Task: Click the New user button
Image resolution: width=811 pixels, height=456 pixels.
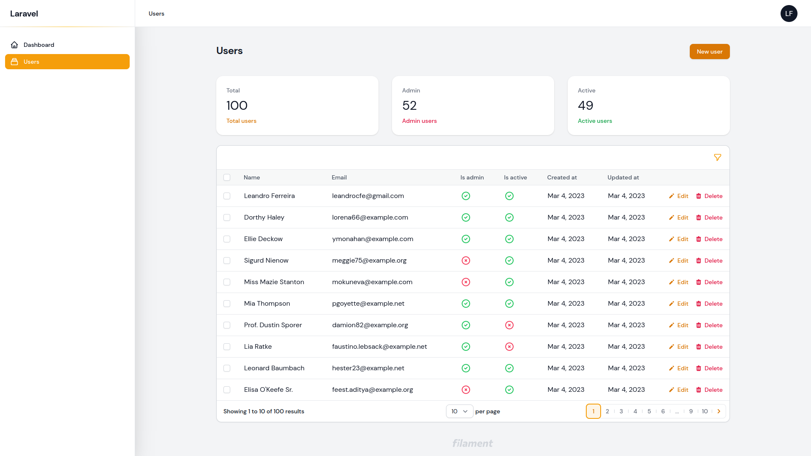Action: point(710,52)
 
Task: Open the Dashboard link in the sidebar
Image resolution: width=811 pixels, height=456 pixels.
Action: point(38,45)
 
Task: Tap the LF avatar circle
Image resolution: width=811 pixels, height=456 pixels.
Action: point(789,14)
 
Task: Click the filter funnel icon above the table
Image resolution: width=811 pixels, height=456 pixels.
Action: point(717,157)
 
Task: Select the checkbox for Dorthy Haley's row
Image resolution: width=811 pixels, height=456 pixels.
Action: point(227,217)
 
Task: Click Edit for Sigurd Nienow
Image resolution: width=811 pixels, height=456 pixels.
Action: point(679,261)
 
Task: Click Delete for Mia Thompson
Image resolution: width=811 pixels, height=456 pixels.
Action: point(709,304)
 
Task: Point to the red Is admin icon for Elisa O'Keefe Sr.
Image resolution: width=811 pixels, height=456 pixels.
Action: point(466,390)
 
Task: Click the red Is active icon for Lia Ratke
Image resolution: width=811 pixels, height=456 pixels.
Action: point(509,347)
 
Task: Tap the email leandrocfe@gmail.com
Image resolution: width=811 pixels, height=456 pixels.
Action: point(368,196)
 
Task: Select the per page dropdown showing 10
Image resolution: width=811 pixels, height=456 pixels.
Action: point(460,411)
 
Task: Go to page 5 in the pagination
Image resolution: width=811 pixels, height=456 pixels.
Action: point(649,411)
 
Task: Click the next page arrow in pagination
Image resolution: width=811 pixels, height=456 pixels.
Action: point(719,411)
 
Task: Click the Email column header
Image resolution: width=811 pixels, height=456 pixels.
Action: point(339,177)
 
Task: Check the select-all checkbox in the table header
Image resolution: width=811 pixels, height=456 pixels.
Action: point(227,177)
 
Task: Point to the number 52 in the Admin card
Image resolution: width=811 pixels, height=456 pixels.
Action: point(409,105)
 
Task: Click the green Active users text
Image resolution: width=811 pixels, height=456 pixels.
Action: point(595,121)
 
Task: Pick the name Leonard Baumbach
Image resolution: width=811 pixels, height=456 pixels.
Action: point(274,368)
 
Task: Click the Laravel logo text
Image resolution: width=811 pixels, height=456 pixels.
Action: point(24,14)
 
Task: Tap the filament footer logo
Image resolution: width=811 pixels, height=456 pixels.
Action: point(473,443)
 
